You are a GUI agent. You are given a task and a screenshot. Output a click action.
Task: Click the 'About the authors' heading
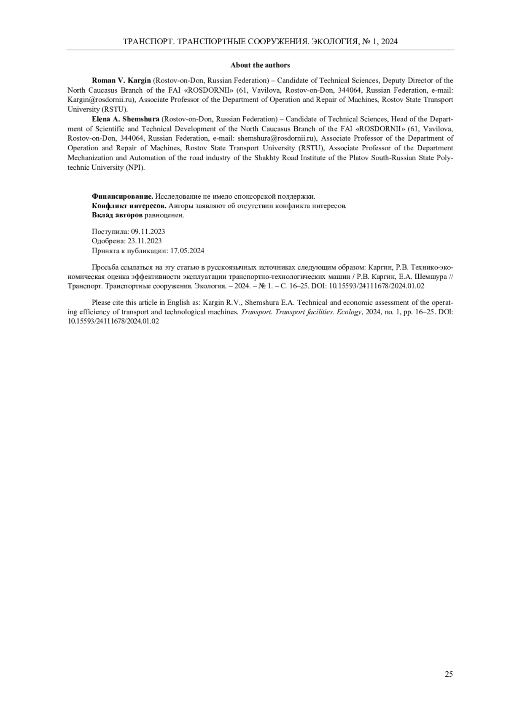(x=260, y=65)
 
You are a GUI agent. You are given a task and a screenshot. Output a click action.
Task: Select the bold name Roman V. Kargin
(x=121, y=80)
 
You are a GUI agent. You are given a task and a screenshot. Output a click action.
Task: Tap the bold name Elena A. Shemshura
(x=126, y=119)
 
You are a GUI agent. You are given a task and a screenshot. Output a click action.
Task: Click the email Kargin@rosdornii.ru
(x=101, y=100)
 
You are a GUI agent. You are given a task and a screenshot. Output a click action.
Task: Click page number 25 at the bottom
(x=449, y=674)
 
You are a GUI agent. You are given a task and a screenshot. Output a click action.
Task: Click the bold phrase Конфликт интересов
(x=129, y=206)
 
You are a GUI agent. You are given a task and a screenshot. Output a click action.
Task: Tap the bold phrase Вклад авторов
(x=117, y=215)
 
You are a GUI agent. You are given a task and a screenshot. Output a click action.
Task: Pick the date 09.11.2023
(x=148, y=232)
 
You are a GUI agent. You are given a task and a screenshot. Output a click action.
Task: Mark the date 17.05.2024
(x=187, y=251)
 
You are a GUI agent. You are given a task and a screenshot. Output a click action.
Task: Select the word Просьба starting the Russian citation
(x=104, y=267)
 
